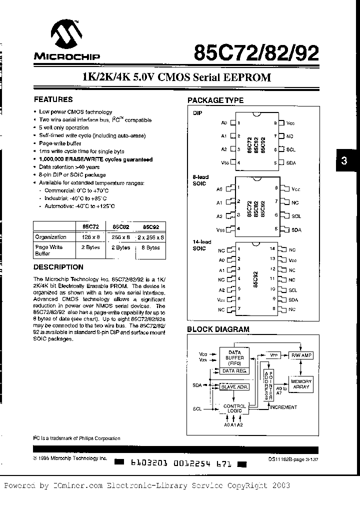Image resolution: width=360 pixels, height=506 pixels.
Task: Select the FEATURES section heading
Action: (53, 99)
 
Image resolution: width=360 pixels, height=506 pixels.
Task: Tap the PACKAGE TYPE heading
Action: (215, 100)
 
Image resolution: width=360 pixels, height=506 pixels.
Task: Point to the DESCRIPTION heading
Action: (58, 267)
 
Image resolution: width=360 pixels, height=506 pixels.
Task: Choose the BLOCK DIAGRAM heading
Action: (218, 329)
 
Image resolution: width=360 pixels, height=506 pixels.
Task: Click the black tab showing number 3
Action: (343, 161)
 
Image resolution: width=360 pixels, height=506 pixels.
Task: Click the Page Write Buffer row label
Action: (49, 250)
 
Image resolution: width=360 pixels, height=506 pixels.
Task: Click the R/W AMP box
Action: (300, 355)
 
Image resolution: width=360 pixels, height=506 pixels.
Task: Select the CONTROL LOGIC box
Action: (234, 408)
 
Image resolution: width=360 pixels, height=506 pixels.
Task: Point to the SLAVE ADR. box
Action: (234, 386)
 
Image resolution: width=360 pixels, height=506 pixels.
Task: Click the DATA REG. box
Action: (234, 371)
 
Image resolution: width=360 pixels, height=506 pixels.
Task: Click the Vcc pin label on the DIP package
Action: (290, 122)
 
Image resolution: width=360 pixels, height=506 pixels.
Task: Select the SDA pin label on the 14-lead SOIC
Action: (293, 299)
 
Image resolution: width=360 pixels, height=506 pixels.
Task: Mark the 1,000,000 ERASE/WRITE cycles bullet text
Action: (96, 159)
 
